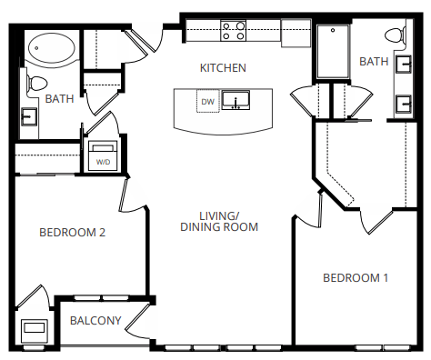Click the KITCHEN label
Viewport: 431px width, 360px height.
pyautogui.click(x=223, y=68)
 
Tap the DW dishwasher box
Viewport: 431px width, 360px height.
pyautogui.click(x=207, y=102)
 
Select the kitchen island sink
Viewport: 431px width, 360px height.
pyautogui.click(x=239, y=101)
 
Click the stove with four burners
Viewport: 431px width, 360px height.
pyautogui.click(x=234, y=32)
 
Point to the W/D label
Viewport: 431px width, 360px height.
pyautogui.click(x=102, y=161)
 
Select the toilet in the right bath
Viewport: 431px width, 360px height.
pyautogui.click(x=396, y=37)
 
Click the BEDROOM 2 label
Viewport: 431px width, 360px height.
pyautogui.click(x=73, y=233)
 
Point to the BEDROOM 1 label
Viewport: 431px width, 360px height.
pyautogui.click(x=356, y=277)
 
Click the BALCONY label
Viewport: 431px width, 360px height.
pyautogui.click(x=95, y=320)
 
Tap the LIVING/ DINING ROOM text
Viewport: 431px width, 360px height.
pyautogui.click(x=219, y=221)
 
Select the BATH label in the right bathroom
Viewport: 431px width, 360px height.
pyautogui.click(x=374, y=62)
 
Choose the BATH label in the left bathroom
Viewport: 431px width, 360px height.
pyautogui.click(x=60, y=98)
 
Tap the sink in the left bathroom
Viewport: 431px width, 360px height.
pyautogui.click(x=29, y=116)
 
